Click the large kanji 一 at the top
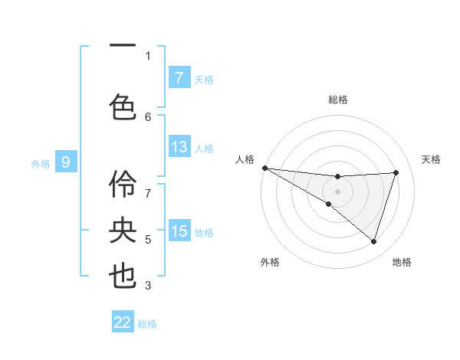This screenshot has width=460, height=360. coord(123,46)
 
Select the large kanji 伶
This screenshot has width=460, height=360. coord(123,184)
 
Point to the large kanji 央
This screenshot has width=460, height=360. coord(123,230)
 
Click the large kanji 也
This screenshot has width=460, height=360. coord(123,277)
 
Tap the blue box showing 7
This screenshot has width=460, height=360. coord(179,78)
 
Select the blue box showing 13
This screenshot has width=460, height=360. coord(179,147)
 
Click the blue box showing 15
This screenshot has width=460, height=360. coord(179,231)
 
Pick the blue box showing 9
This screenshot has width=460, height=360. coord(66,162)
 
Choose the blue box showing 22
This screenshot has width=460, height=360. coord(123,322)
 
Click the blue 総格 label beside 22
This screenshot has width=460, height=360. coord(147,324)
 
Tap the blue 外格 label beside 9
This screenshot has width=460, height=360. coord(40,163)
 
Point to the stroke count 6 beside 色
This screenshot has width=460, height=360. coord(148,116)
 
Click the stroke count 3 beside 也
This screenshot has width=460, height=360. coord(148,286)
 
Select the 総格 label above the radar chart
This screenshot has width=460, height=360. coord(337,100)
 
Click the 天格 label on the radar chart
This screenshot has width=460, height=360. coord(431,159)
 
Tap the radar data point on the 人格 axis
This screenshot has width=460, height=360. coord(264,167)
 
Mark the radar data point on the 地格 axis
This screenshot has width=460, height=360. coord(373,241)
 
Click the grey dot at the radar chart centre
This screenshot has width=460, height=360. coord(337,191)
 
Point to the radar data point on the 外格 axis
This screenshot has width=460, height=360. coord(328,204)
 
